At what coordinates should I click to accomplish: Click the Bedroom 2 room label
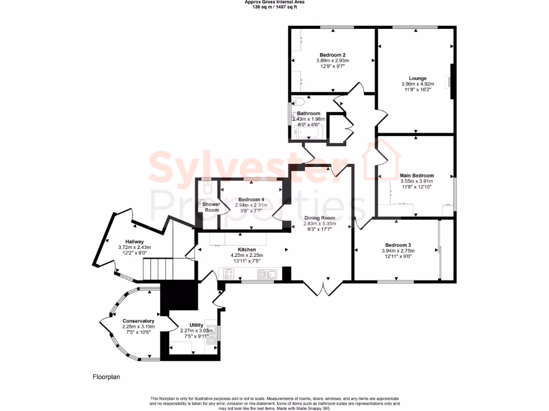pos(332,55)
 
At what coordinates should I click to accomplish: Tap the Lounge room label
pos(417,78)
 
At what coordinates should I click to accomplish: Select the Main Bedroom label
pos(417,176)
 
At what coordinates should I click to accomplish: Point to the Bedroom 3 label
pos(396,245)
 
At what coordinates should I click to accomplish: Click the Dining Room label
pos(320,218)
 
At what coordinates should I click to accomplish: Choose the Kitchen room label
pos(247,249)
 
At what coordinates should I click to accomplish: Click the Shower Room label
pos(211,207)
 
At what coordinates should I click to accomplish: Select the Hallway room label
pos(135,241)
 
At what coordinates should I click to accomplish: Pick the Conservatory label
pos(135,321)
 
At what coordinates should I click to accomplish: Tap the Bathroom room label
pos(309,113)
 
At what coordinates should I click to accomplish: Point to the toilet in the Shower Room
pos(209,187)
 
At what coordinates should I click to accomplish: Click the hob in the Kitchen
pos(228,275)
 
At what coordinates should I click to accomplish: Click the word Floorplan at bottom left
pos(106,377)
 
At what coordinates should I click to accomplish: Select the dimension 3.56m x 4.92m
pos(417,84)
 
